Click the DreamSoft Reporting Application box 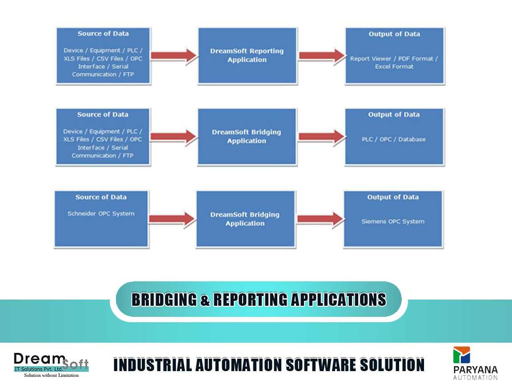[x=248, y=56]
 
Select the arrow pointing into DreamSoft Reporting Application [x=174, y=56]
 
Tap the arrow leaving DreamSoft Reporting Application [x=322, y=56]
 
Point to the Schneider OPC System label [x=101, y=213]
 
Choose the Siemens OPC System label [x=393, y=221]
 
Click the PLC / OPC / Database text [x=393, y=140]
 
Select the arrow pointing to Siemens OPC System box [x=320, y=219]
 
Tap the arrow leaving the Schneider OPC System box [x=172, y=219]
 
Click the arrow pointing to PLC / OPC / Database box [x=322, y=137]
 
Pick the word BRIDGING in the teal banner [x=164, y=300]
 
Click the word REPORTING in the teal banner [x=251, y=300]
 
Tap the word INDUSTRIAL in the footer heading [x=152, y=365]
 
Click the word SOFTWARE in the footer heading [x=321, y=365]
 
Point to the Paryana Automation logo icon [x=461, y=355]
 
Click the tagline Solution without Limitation [x=51, y=376]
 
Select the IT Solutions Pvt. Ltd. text [x=39, y=369]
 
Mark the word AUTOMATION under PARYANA [x=476, y=378]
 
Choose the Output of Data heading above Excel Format [x=394, y=34]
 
